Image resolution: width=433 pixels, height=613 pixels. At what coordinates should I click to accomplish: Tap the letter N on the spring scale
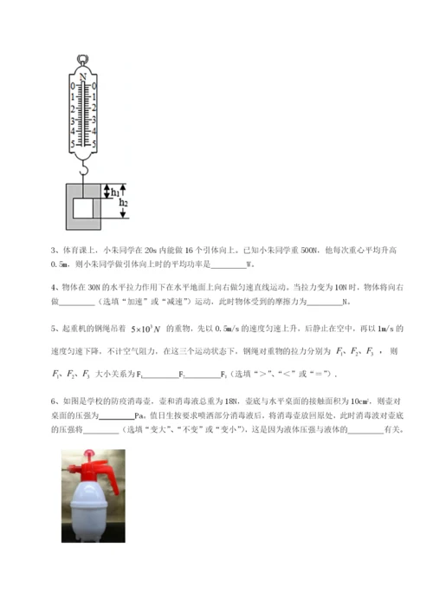[84, 76]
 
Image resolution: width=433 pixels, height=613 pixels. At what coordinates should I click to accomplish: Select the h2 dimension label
[125, 202]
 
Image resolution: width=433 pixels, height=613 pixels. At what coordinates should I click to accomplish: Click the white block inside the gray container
[83, 208]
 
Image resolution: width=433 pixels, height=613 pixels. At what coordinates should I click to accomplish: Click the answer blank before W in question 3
[228, 264]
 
